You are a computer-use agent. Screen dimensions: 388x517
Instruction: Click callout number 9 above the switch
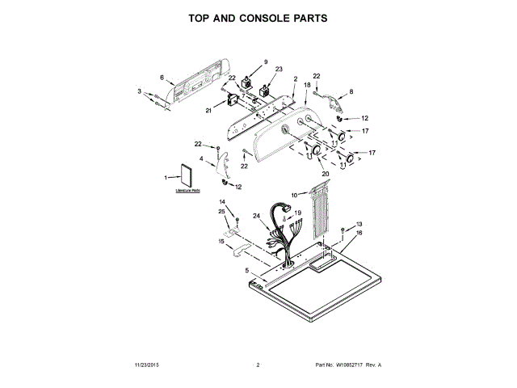pyautogui.click(x=264, y=61)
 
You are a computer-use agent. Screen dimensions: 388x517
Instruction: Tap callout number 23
pyautogui.click(x=280, y=70)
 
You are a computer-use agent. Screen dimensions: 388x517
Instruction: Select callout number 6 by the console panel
pyautogui.click(x=162, y=78)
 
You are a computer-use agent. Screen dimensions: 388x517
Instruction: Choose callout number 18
pyautogui.click(x=307, y=85)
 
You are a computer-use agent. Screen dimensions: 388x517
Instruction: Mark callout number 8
pyautogui.click(x=351, y=92)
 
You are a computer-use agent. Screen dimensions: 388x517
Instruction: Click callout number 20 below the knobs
pyautogui.click(x=326, y=173)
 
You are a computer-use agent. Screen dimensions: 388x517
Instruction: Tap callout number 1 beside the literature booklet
pyautogui.click(x=166, y=177)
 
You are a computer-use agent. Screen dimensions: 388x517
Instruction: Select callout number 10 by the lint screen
pyautogui.click(x=295, y=195)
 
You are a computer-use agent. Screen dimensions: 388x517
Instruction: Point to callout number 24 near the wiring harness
pyautogui.click(x=256, y=216)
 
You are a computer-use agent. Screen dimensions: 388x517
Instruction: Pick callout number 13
pyautogui.click(x=359, y=223)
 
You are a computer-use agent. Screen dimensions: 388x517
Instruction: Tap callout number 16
pyautogui.click(x=359, y=232)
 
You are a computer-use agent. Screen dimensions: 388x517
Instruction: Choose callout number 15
pyautogui.click(x=221, y=241)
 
